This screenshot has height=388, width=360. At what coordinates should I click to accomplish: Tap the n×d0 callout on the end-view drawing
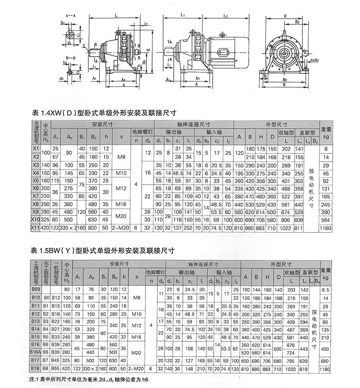(x=314, y=61)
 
